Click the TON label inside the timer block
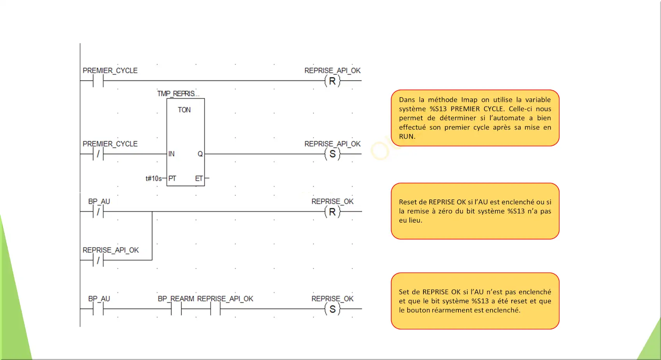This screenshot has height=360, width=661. (184, 110)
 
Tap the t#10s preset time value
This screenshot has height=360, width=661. (154, 178)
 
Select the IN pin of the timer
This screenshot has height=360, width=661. (171, 154)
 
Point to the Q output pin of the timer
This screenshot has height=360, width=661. (200, 154)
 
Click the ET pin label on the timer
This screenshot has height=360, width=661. (199, 178)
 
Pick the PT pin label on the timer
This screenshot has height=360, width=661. (172, 178)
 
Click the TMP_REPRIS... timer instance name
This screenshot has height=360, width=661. (178, 94)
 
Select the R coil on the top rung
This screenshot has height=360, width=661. (332, 81)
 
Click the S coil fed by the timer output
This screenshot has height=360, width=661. (332, 154)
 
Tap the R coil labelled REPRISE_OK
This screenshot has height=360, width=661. (332, 211)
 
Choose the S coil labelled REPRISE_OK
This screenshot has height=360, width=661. (332, 309)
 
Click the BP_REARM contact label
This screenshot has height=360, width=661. (176, 299)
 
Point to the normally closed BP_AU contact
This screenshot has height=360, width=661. (98, 211)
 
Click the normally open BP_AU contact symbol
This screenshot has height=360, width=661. (98, 309)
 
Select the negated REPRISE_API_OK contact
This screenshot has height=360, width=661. (98, 260)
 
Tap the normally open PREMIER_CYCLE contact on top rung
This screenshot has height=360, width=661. (98, 81)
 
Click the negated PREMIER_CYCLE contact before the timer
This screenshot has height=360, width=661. (98, 154)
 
